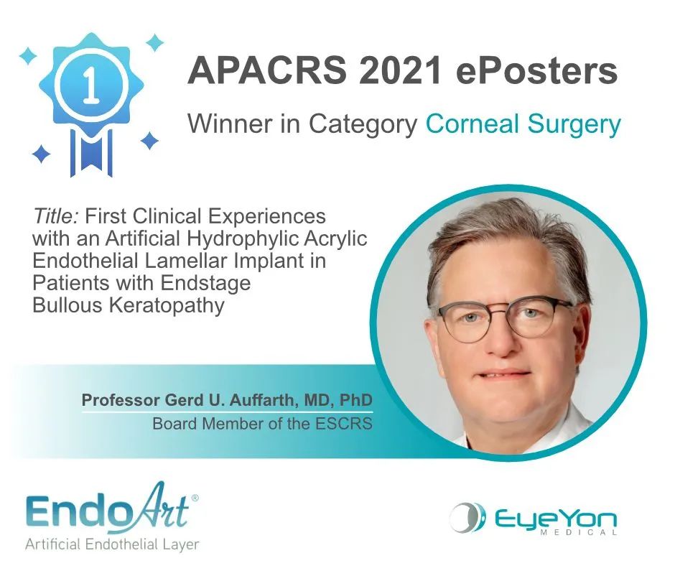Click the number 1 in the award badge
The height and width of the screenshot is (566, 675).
(x=90, y=85)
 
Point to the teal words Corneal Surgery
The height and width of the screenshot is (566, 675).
(x=523, y=124)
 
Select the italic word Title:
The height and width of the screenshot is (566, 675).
(x=55, y=215)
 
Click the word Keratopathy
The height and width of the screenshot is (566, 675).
(x=167, y=306)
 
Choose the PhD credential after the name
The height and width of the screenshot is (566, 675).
(x=355, y=400)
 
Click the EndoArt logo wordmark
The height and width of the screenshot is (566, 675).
(x=108, y=508)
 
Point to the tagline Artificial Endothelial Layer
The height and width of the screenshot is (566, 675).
(x=112, y=544)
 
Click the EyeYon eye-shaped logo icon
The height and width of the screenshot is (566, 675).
(x=467, y=517)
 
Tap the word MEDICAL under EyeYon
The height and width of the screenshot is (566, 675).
(x=578, y=532)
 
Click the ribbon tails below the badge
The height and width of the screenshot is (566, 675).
(x=90, y=152)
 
